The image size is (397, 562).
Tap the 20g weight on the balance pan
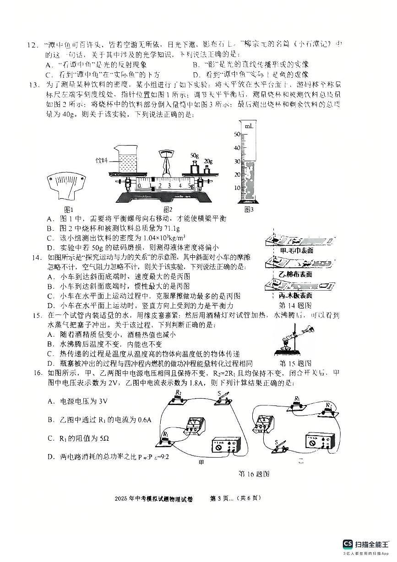click(x=207, y=169)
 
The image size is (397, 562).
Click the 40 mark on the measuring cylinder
click(x=238, y=148)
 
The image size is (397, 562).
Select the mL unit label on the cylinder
click(x=249, y=125)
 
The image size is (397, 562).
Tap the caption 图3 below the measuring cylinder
click(x=249, y=209)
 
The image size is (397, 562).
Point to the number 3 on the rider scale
click(x=169, y=186)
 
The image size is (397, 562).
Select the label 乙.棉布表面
click(x=295, y=274)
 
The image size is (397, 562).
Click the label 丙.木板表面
click(x=295, y=295)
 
